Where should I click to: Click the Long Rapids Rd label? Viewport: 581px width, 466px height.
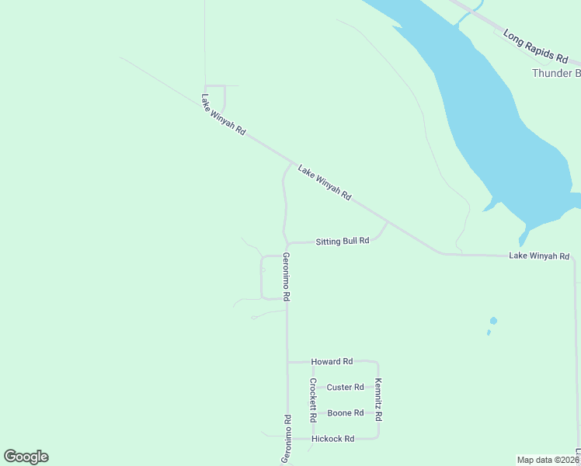(x=535, y=46)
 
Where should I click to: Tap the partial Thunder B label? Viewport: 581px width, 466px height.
(x=555, y=73)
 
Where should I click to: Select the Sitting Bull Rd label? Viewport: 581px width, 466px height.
(x=342, y=242)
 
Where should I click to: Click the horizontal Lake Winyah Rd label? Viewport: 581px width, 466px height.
(x=539, y=256)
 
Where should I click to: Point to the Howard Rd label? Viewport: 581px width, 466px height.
(x=332, y=362)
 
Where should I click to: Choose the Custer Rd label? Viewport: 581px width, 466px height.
(x=345, y=388)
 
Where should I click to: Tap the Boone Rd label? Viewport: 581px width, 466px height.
(x=346, y=413)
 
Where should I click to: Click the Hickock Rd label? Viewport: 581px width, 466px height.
(x=332, y=439)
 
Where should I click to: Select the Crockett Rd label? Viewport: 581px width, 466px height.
(x=313, y=400)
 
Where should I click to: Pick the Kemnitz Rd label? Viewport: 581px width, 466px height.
(x=378, y=400)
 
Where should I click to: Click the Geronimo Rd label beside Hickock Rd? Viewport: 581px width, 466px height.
(x=287, y=439)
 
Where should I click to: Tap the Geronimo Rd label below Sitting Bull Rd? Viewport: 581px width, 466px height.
(x=287, y=277)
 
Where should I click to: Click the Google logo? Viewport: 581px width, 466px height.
(x=26, y=457)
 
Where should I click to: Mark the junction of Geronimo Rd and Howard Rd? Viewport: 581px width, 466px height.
(x=287, y=362)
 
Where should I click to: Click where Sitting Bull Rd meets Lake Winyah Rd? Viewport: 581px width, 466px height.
(x=388, y=222)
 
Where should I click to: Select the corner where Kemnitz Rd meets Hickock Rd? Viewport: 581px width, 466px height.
(x=378, y=438)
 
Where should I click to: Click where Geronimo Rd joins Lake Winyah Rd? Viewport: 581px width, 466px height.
(x=292, y=164)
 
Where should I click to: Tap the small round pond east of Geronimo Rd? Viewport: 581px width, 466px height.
(x=493, y=321)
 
